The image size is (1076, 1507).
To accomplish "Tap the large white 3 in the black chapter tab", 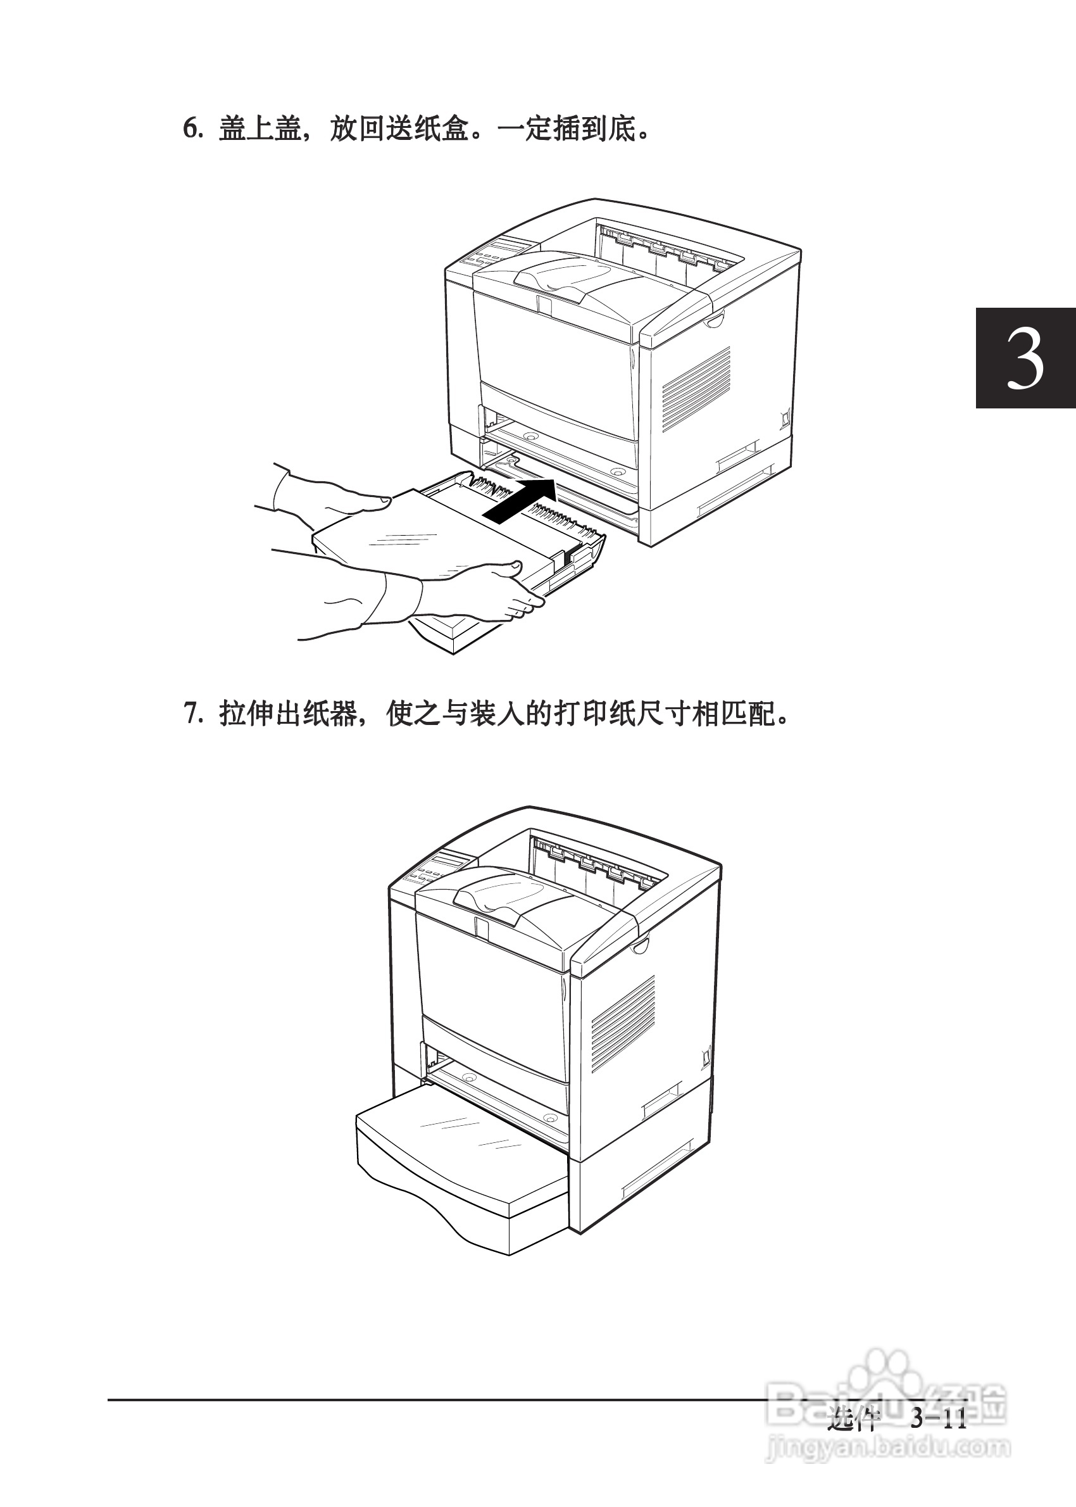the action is coord(1025,360).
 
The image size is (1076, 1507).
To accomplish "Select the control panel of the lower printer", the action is coord(430,869).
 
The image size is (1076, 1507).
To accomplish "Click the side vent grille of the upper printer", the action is coord(696,388).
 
